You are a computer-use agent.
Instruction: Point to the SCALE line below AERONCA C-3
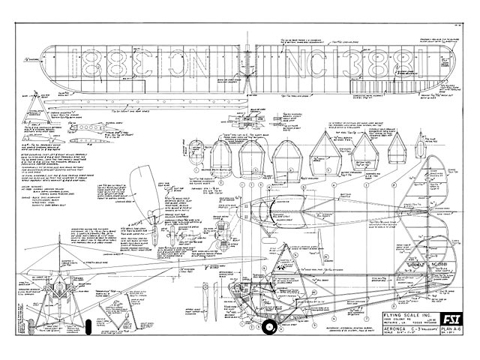pyautogui.click(x=387, y=334)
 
